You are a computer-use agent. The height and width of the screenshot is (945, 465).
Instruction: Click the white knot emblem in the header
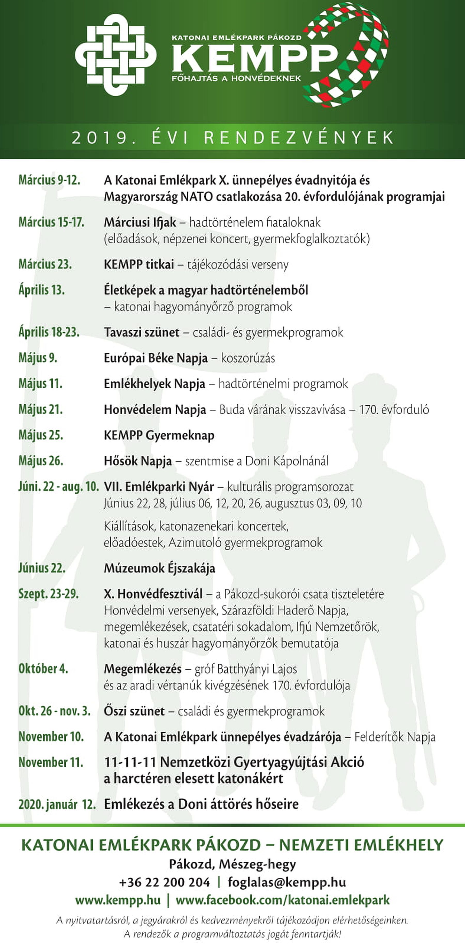pyautogui.click(x=115, y=55)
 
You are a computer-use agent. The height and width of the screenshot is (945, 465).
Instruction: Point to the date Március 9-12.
pyautogui.click(x=49, y=180)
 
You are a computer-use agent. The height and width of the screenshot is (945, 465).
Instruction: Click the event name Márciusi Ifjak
pyautogui.click(x=140, y=222)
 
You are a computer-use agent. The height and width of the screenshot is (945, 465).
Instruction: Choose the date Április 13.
pyautogui.click(x=41, y=290)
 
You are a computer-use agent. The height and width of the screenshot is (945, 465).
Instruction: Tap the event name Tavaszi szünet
pyautogui.click(x=142, y=332)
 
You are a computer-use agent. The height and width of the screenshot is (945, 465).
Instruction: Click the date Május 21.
pyautogui.click(x=40, y=410)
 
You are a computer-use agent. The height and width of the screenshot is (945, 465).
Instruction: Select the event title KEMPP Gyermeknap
pyautogui.click(x=159, y=435)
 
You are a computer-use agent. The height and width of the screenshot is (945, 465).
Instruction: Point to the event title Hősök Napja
pyautogui.click(x=138, y=461)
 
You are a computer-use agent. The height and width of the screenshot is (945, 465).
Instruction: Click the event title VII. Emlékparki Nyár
pyautogui.click(x=159, y=487)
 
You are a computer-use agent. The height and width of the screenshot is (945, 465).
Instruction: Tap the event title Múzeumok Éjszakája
pyautogui.click(x=159, y=568)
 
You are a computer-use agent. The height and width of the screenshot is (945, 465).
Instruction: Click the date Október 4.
pyautogui.click(x=43, y=669)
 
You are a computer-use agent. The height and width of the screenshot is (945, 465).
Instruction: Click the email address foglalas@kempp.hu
pyautogui.click(x=286, y=882)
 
